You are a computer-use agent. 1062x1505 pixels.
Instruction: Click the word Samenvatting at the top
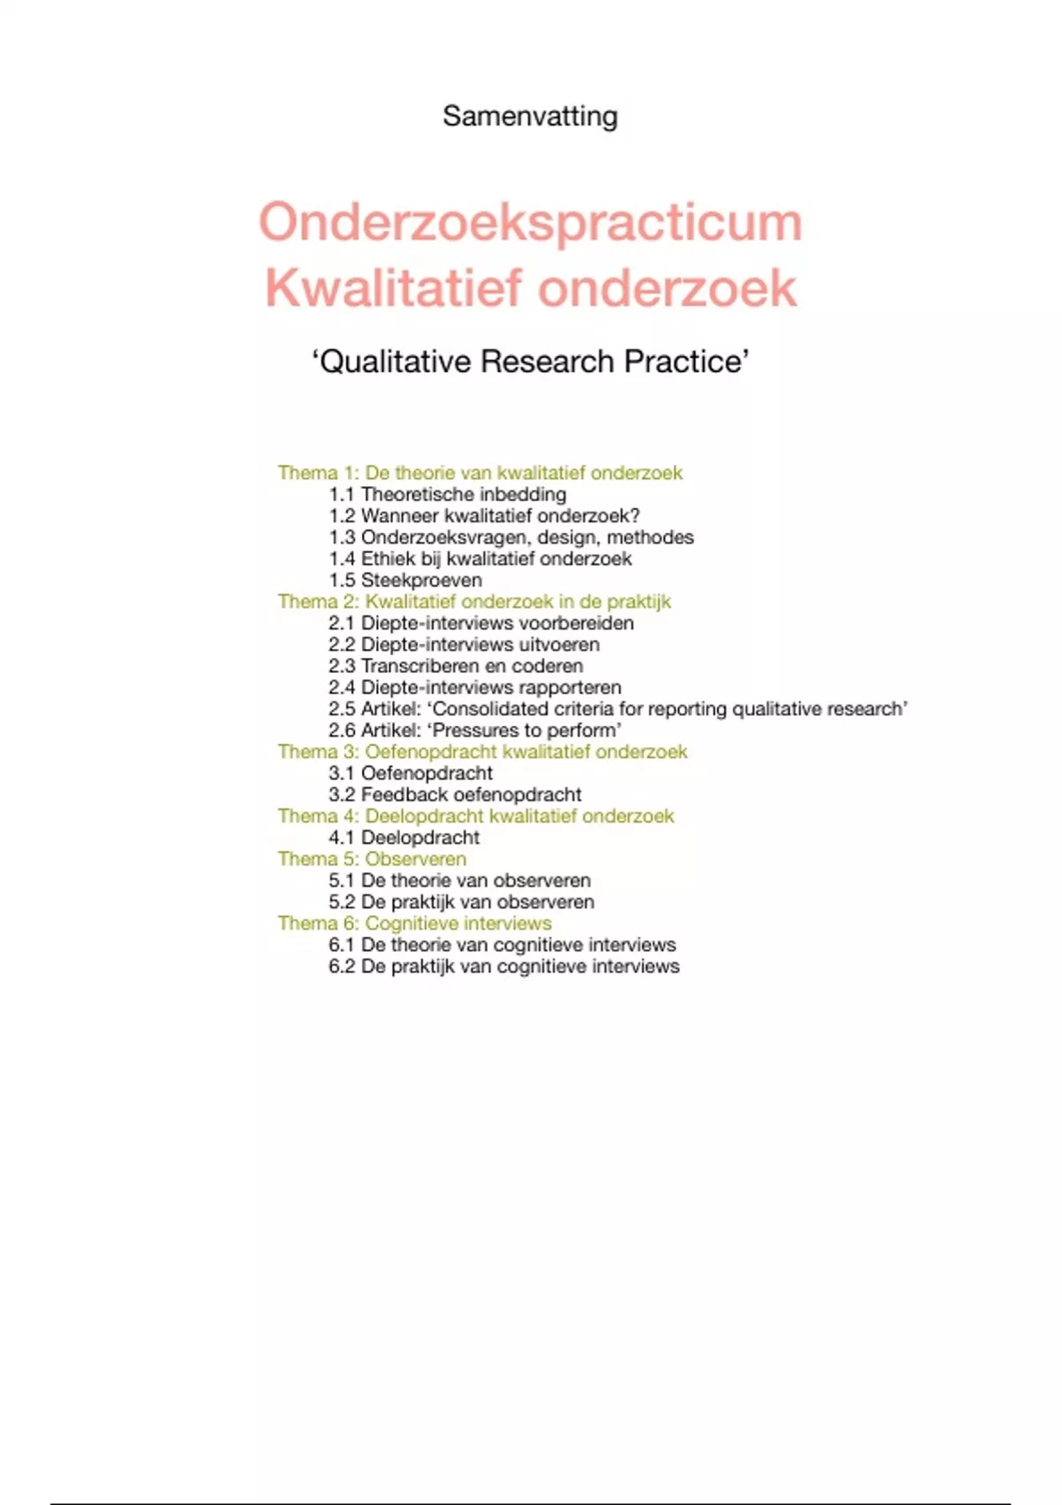click(530, 116)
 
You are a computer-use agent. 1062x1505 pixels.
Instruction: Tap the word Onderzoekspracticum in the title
click(530, 221)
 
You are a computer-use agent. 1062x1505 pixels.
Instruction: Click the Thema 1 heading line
click(480, 473)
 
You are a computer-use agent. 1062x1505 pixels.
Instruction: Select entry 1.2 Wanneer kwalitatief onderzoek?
click(484, 516)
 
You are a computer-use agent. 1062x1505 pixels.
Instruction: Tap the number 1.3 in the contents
click(342, 537)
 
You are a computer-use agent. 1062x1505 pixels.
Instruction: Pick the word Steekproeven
click(421, 581)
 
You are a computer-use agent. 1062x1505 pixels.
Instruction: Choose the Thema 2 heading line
click(474, 602)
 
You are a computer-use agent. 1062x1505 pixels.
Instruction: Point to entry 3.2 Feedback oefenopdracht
click(455, 795)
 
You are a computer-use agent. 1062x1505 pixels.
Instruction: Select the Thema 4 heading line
click(476, 816)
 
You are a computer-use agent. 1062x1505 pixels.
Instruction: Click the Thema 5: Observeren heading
click(372, 859)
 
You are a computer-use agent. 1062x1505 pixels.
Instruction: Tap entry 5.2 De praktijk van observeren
click(461, 902)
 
